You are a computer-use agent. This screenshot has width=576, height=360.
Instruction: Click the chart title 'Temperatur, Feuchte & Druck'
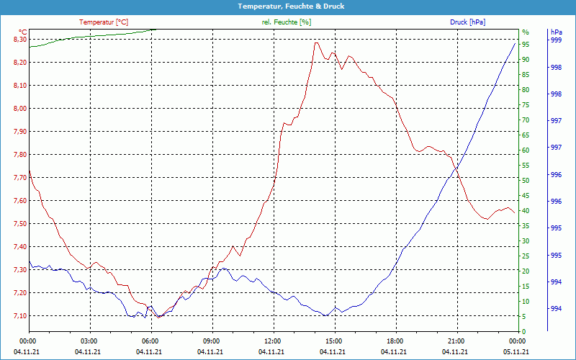click(x=288, y=6)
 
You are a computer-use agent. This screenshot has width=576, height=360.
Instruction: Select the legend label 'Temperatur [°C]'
click(x=104, y=22)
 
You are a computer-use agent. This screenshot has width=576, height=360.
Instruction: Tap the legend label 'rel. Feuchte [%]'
click(x=287, y=22)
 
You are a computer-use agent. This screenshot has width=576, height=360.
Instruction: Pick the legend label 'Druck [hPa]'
click(x=467, y=22)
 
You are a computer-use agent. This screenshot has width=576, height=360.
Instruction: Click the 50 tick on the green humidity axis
click(x=526, y=181)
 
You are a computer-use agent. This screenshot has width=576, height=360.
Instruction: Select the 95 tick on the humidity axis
click(x=526, y=45)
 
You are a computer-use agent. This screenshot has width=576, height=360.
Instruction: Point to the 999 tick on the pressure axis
click(x=556, y=40)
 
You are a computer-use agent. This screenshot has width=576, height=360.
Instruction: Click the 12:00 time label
click(x=273, y=341)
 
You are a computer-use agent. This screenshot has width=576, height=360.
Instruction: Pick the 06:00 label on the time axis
click(x=150, y=341)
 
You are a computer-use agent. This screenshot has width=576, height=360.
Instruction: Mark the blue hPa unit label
click(x=556, y=32)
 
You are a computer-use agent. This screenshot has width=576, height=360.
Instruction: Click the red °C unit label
click(x=22, y=32)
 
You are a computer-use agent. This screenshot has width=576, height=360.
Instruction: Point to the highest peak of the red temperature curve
click(x=316, y=42)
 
